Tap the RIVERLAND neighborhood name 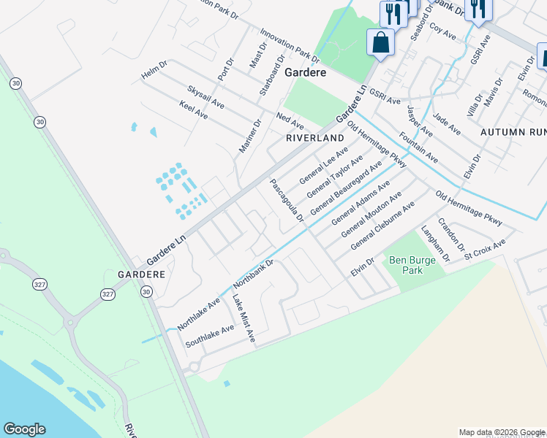point(314,137)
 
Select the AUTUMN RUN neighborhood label point(513,132)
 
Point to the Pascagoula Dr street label point(287,201)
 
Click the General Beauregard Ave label point(346,188)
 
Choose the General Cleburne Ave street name point(382,226)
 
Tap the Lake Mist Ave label point(244,318)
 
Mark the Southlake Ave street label point(209,333)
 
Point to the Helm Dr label point(155,71)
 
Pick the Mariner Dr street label point(249,137)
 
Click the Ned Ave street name point(290,121)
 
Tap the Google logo point(24,429)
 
